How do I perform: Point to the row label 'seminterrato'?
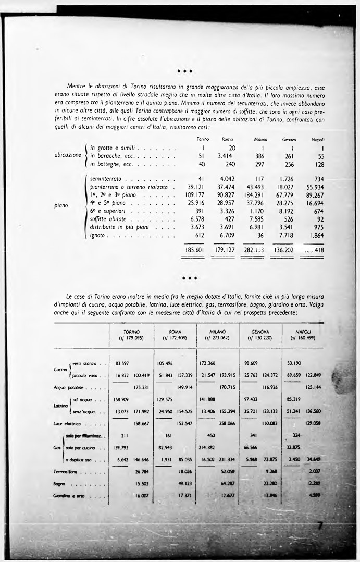point(106,178)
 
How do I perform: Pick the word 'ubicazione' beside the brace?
point(68,155)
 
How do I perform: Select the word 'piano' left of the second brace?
point(61,206)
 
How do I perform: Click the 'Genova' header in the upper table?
point(289,140)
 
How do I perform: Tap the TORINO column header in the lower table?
point(131,335)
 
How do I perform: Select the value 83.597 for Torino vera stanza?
point(122,363)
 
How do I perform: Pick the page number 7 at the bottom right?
point(321,526)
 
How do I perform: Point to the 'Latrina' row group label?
point(60,405)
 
